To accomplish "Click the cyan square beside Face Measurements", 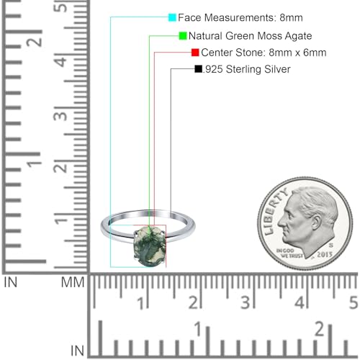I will coord(172,17).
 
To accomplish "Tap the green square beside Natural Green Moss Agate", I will coord(183,35).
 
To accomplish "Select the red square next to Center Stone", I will coord(195,53).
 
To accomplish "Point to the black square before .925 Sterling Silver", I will coord(198,70).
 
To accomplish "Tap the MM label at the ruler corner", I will coord(72,282).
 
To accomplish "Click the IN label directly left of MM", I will coord(12,282).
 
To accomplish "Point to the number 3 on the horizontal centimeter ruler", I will coord(246,302).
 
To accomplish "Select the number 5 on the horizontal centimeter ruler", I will coord(352,302).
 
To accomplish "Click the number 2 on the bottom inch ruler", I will coord(319,330).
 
